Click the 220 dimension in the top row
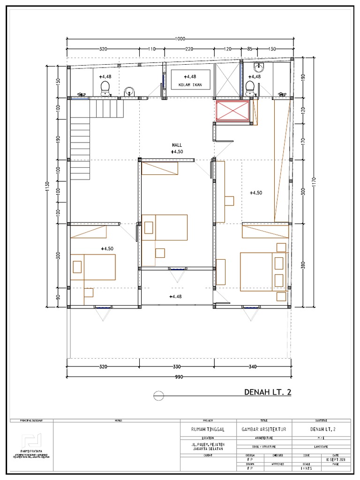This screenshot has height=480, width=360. (x=188, y=49)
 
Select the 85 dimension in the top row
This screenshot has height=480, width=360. (x=249, y=49)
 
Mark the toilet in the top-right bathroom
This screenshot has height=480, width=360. (x=251, y=87)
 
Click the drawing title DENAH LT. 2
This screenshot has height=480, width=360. (x=268, y=392)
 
